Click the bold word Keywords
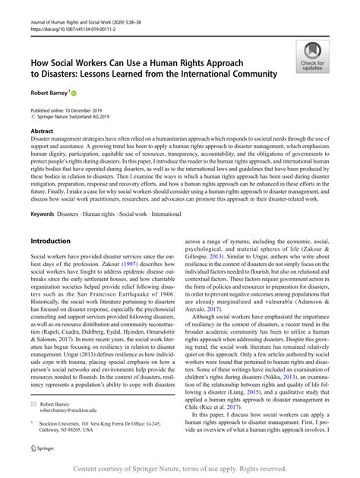[x=42, y=215]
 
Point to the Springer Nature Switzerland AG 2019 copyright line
[x=75, y=118]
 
